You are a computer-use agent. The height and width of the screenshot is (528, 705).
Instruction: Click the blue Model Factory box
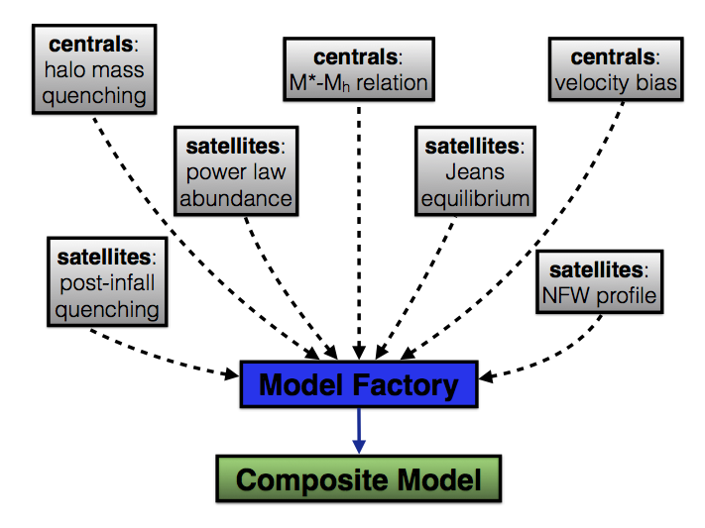pos(359,384)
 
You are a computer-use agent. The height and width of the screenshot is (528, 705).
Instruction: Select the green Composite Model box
pos(359,478)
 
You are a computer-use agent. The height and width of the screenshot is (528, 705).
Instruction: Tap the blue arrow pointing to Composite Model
pos(359,431)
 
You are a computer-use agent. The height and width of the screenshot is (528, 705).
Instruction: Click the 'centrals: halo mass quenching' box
pos(94,69)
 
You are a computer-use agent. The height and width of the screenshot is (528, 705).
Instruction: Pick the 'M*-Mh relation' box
pos(359,69)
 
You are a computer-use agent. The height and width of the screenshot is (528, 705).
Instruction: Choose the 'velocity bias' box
pos(616,69)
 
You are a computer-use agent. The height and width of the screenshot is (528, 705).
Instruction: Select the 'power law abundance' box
pos(236,171)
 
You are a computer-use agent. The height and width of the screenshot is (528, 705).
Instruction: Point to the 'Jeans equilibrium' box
pos(475,171)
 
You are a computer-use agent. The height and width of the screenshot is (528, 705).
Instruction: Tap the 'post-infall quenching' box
pos(107,281)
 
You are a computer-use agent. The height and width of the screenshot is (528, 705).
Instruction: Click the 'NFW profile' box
pos(599,281)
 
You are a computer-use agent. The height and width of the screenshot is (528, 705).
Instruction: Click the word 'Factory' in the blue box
pos(406,385)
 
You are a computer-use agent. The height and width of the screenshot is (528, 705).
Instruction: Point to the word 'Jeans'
pos(475,171)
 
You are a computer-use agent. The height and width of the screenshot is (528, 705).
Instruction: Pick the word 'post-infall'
pos(107,283)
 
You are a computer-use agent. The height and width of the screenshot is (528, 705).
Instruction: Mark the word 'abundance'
pos(236,198)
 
